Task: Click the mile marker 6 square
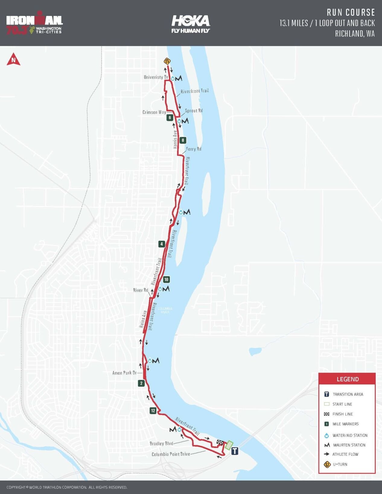point(170,118)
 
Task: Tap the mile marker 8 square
point(183,140)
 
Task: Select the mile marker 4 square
point(162,244)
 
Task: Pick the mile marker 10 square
point(166,279)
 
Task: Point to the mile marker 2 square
point(141,383)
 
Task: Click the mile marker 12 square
point(153,410)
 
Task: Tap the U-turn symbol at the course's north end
point(167,61)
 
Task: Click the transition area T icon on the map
point(235,451)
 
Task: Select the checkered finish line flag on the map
point(220,442)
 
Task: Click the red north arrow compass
point(13,59)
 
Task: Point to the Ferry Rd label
point(194,149)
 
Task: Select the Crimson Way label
point(154,112)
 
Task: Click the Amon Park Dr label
point(124,373)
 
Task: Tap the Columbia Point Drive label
point(171,454)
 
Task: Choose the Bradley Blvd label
point(161,443)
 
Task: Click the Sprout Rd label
point(194,111)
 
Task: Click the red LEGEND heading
point(348,379)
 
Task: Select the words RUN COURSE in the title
point(351,12)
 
